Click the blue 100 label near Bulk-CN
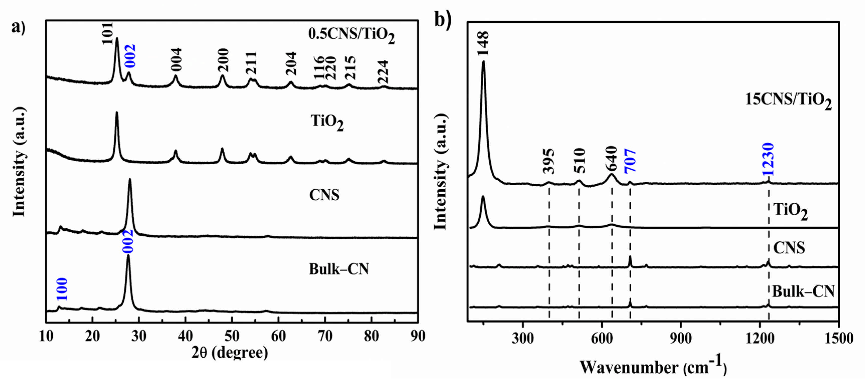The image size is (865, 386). coord(62,289)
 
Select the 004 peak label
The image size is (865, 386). coord(176,59)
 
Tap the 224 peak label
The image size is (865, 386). coord(383,72)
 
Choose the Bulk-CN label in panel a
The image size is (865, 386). coord(339,269)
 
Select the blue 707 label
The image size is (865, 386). coord(630,161)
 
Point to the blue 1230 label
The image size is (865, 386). coord(768,159)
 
